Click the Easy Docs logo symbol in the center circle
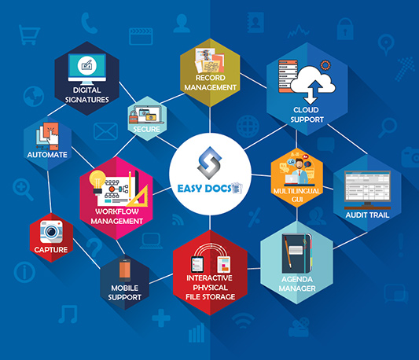tap(209, 163)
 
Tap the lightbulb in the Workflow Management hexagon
tap(97, 182)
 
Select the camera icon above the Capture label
tap(51, 231)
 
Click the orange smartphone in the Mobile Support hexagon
tap(125, 270)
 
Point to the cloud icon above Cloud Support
tap(313, 82)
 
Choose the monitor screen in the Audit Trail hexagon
tap(367, 186)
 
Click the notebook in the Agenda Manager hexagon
tap(296, 254)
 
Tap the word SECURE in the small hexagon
tap(147, 130)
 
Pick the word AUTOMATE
tap(47, 155)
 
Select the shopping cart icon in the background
tap(29, 35)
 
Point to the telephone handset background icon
tap(89, 23)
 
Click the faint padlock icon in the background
tap(345, 29)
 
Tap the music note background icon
tap(68, 314)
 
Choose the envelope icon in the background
tap(105, 131)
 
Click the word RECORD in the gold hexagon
tap(211, 78)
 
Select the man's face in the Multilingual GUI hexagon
tap(300, 163)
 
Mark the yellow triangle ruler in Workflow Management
tap(140, 197)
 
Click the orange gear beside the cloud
tap(325, 65)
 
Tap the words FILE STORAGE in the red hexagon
tap(211, 296)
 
